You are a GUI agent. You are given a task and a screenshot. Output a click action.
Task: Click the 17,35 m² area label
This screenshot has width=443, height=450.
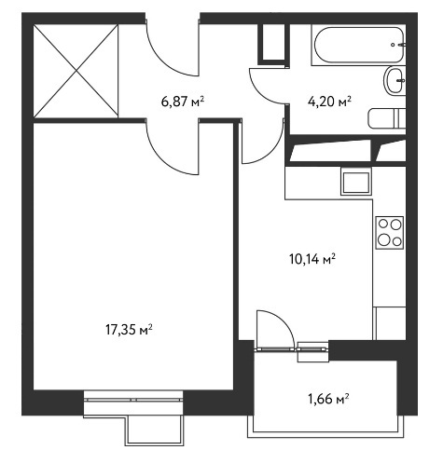coord(129,330)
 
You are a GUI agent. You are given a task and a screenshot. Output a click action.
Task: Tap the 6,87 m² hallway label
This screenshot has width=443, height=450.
coord(183,102)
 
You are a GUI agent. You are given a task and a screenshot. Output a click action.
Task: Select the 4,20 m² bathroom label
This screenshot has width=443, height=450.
coord(329,102)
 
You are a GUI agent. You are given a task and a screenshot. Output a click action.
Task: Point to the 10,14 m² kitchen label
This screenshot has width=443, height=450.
coord(312,259)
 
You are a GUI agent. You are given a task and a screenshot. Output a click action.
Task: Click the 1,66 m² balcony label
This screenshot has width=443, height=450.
coord(328,399)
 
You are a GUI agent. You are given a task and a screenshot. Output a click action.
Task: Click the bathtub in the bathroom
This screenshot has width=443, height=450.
coord(358,45)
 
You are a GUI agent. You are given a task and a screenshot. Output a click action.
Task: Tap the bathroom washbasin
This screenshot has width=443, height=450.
coord(395,80)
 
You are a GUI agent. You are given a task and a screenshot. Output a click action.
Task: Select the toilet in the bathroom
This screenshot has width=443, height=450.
coord(387,118)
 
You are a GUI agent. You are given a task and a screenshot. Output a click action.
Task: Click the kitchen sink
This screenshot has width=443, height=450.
coord(356,182)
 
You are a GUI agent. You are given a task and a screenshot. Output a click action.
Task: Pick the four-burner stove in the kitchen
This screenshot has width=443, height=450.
coord(390,233)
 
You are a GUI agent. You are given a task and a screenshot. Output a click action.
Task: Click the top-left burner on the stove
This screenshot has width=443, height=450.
coord(383,224)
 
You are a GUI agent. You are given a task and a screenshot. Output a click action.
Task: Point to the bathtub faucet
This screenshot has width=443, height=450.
coord(399,45)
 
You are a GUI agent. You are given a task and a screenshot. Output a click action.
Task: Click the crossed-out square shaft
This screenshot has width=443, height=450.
coord(76,71)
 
